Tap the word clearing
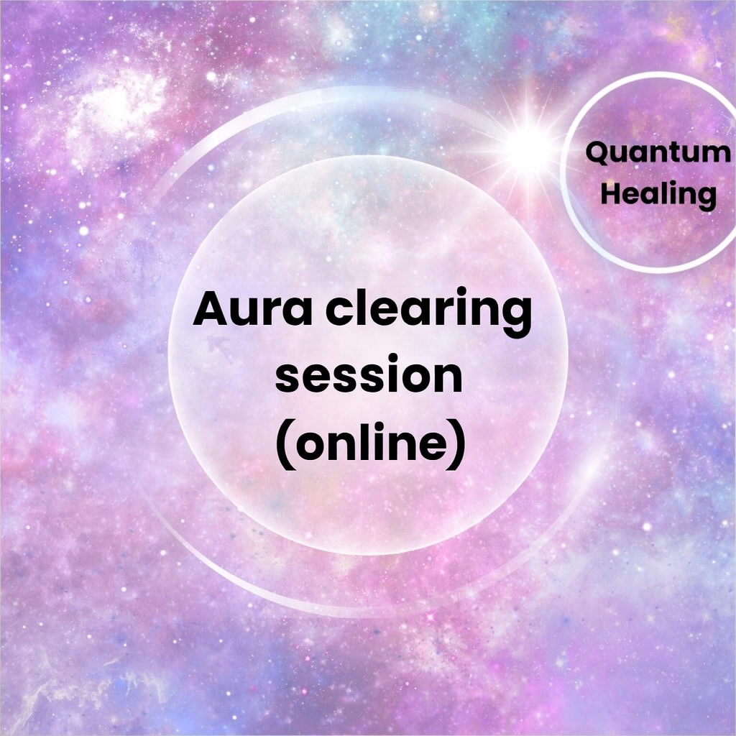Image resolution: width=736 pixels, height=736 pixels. coord(429,312)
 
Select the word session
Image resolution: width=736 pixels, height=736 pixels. coord(369,374)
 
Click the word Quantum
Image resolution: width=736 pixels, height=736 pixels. coord(658,153)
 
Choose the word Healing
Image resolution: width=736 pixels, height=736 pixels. coord(658,194)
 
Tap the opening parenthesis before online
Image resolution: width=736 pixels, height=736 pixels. coord(285,444)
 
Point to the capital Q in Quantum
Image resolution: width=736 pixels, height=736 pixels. coord(599,154)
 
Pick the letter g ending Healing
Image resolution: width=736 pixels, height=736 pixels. coord(705,198)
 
